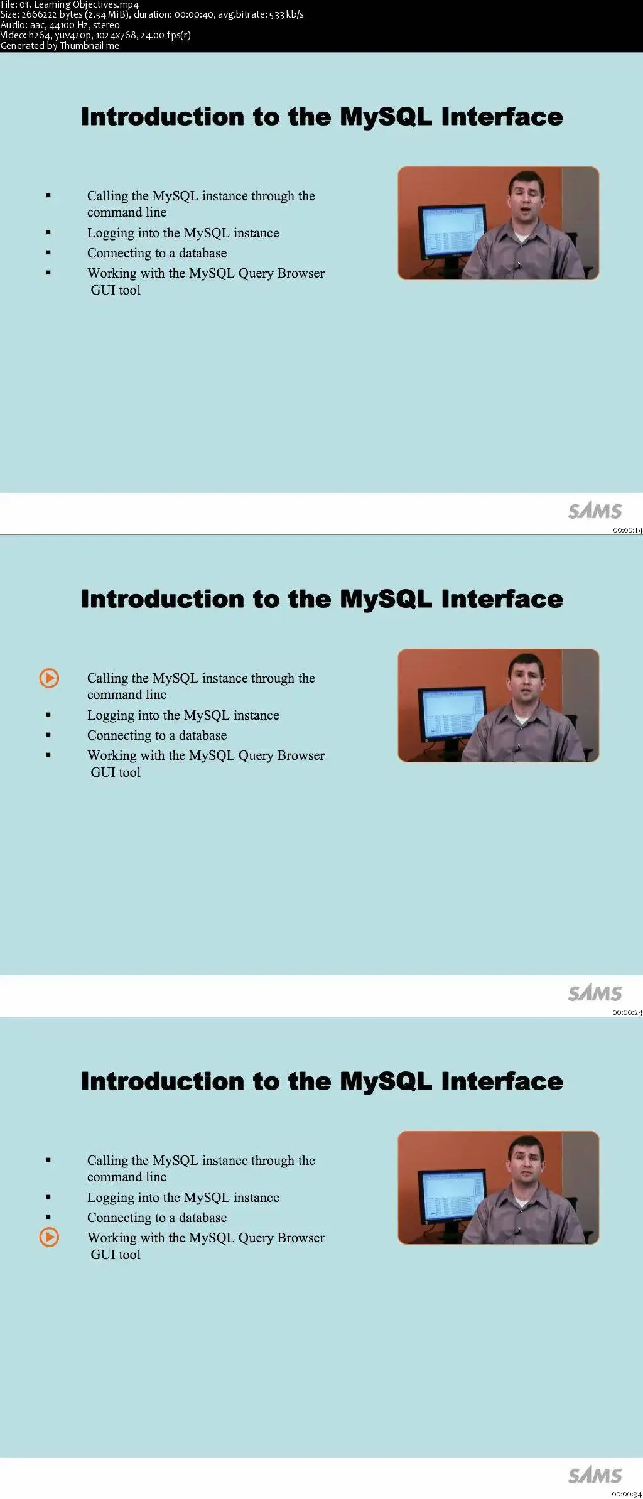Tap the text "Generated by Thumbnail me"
click(60, 45)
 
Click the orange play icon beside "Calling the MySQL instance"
click(49, 678)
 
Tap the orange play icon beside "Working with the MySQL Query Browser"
click(49, 1237)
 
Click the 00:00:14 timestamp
click(627, 531)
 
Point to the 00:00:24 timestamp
click(627, 1013)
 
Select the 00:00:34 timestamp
click(627, 1495)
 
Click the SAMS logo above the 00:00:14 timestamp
click(595, 511)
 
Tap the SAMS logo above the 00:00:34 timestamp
click(595, 1475)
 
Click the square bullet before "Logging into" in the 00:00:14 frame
click(48, 233)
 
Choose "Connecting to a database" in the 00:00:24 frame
click(157, 735)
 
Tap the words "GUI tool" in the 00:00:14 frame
click(116, 290)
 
